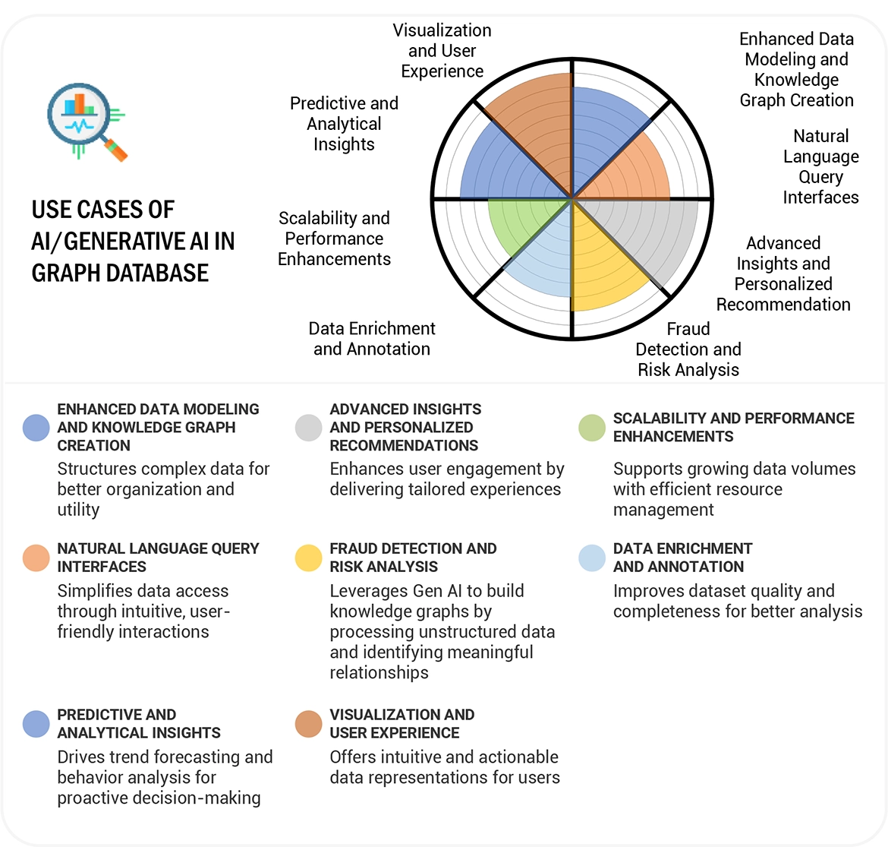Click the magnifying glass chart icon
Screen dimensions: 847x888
tap(86, 122)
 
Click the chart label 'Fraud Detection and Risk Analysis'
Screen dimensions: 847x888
tap(688, 349)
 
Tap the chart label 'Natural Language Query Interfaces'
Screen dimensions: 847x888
tap(820, 166)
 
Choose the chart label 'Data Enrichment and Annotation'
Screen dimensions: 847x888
tap(372, 339)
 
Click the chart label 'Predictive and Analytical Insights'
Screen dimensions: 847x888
tap(344, 124)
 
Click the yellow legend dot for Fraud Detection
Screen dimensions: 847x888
tap(308, 558)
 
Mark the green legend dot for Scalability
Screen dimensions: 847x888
tap(591, 428)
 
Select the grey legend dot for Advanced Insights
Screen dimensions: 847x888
tap(308, 428)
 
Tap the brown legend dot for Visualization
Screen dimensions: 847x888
tap(308, 724)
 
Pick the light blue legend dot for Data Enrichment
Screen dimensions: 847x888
tap(591, 558)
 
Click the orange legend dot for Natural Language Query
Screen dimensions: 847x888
tap(36, 558)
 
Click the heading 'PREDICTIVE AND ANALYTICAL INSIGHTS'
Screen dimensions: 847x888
tap(139, 724)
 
